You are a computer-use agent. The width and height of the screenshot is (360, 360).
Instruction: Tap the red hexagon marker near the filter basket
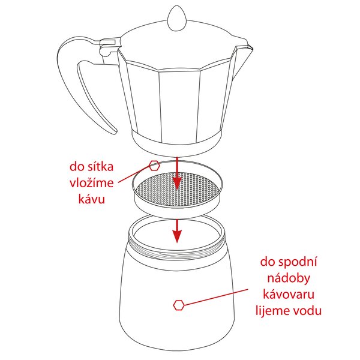point(154,166)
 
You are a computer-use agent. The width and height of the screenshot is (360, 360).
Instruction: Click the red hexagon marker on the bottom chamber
point(178,305)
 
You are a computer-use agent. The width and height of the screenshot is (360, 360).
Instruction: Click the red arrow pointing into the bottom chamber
point(176,230)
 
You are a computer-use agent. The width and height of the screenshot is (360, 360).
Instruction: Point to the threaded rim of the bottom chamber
point(180,247)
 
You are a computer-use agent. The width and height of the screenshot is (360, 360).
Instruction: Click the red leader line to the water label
point(216,296)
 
